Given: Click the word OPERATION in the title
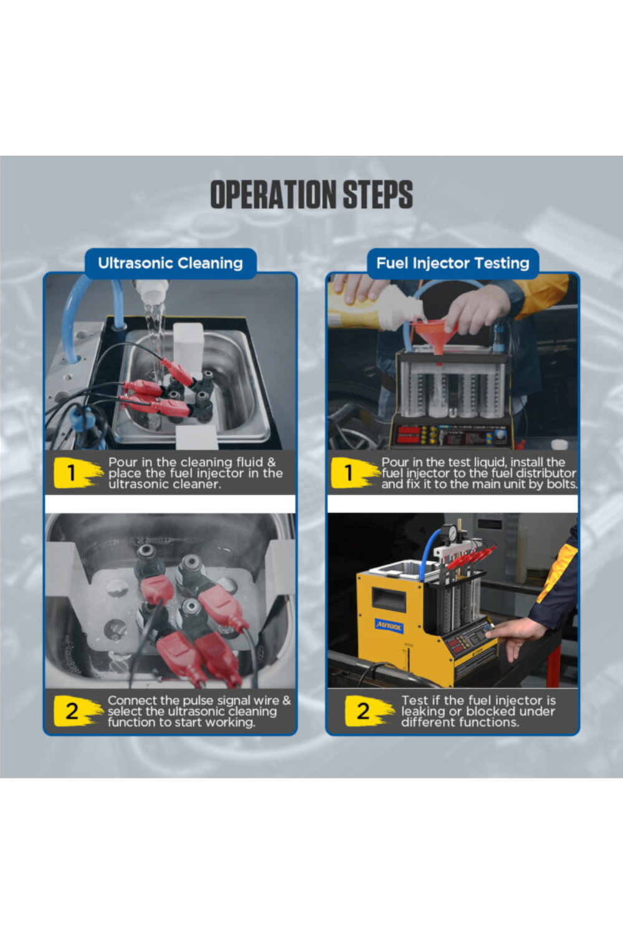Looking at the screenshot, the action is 273,194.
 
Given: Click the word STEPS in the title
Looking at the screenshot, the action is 378,194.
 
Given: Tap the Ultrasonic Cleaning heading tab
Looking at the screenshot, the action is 170,263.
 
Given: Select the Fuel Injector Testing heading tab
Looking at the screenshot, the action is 453,263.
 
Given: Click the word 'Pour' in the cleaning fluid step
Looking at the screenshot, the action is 123,462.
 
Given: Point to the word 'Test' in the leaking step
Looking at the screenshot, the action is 414,700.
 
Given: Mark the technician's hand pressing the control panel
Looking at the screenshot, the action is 513,638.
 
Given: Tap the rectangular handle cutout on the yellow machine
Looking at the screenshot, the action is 389,599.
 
